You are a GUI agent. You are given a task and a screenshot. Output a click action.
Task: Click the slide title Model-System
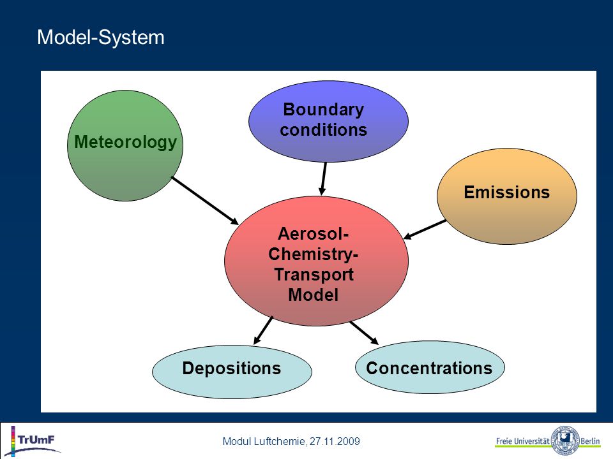(x=100, y=38)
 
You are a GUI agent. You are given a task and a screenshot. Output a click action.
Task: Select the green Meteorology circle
(x=125, y=146)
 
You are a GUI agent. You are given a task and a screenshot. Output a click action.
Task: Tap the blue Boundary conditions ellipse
(x=328, y=121)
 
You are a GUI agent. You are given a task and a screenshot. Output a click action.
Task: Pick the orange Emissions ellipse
(x=506, y=196)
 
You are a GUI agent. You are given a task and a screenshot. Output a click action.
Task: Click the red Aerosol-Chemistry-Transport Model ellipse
(x=316, y=261)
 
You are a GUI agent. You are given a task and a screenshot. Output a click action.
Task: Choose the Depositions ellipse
(x=232, y=372)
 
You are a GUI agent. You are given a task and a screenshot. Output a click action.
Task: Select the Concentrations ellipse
(x=430, y=367)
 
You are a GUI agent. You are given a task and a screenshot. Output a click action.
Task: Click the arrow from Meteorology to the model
(x=205, y=201)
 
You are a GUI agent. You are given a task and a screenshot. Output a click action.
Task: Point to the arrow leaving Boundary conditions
(x=323, y=178)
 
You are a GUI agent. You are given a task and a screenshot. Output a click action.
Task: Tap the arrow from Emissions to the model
(x=425, y=229)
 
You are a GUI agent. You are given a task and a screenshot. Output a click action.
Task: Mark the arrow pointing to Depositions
(x=263, y=330)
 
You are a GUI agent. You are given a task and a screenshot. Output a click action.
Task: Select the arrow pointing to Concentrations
(x=364, y=333)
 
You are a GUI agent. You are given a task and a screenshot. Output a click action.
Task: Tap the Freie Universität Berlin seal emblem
(x=564, y=441)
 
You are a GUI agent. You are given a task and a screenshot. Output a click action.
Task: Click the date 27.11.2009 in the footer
(x=335, y=441)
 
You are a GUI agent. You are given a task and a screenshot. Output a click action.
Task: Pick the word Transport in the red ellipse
(x=314, y=274)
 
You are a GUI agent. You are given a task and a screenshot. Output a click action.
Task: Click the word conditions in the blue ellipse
(x=323, y=130)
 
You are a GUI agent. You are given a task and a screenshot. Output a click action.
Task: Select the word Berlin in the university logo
(x=590, y=441)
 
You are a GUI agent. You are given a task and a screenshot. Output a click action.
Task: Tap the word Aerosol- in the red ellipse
(x=313, y=234)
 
